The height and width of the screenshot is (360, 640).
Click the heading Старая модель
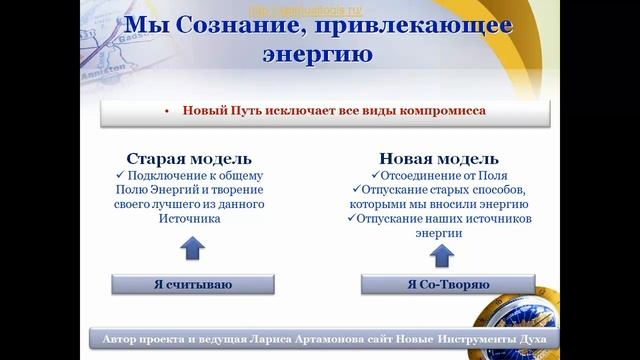click(188, 159)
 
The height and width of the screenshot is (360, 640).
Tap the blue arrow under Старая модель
click(193, 246)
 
